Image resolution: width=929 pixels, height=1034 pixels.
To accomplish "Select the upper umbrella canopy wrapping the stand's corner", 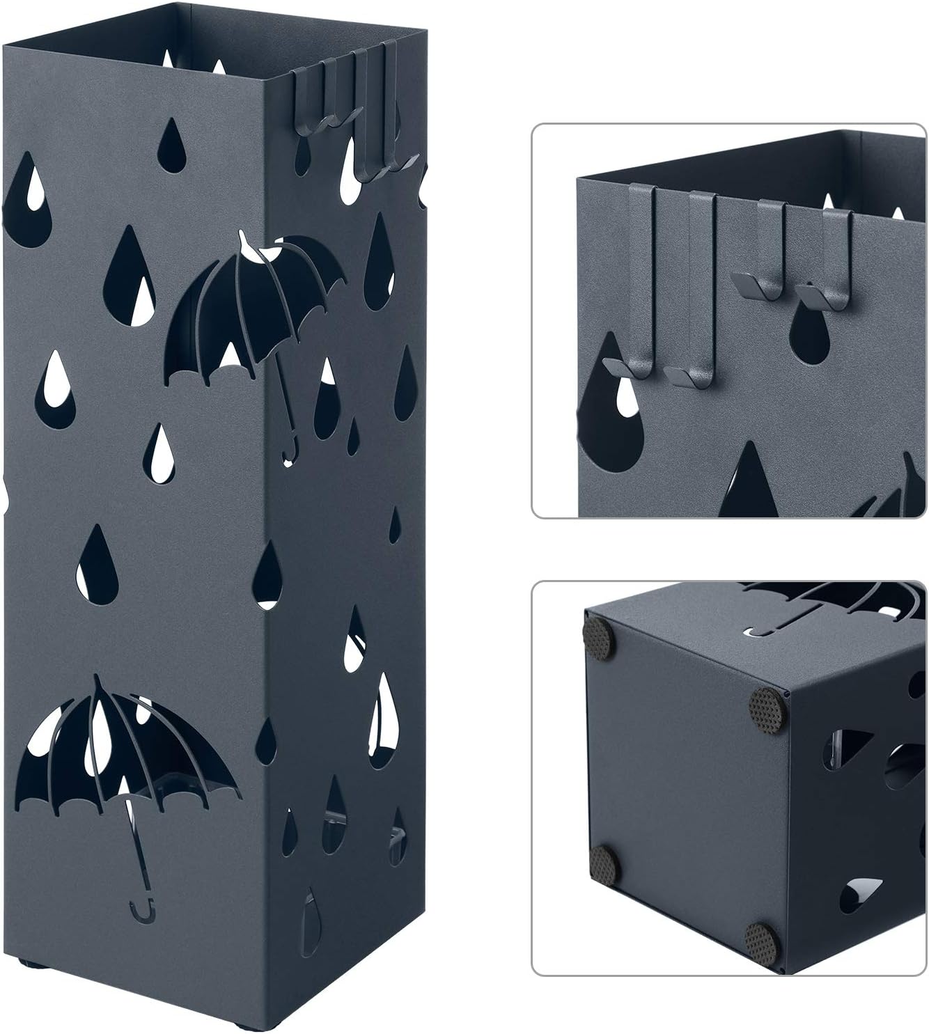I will [x=258, y=306].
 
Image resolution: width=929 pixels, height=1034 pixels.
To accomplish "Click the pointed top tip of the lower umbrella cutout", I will [x=100, y=679].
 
